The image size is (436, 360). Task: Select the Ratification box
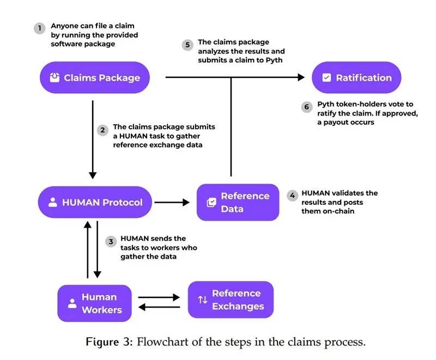tap(356, 77)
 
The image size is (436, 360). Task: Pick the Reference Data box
tap(238, 202)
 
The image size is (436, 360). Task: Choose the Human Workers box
tap(94, 303)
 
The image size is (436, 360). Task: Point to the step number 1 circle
tap(39, 28)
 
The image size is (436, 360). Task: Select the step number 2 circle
tap(102, 131)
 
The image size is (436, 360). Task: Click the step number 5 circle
tap(188, 45)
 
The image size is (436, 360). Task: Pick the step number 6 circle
tap(306, 107)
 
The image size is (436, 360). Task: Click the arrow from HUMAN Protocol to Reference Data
tap(172, 203)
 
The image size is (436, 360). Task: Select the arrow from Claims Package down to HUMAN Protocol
tap(93, 139)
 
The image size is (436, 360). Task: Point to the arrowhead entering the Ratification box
tap(301, 78)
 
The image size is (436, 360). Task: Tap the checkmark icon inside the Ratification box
tap(326, 78)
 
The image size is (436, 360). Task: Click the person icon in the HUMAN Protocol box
tap(53, 203)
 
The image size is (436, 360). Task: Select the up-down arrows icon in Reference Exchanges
tap(202, 300)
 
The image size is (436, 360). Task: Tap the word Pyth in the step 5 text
tap(274, 60)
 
